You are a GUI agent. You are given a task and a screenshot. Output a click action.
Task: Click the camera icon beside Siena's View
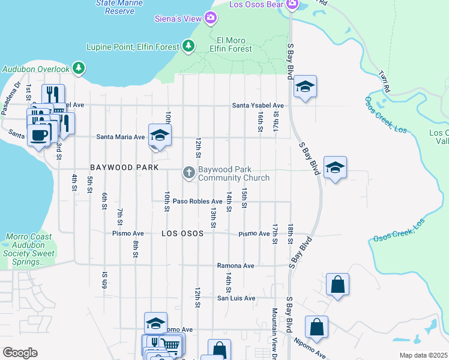pyautogui.click(x=211, y=19)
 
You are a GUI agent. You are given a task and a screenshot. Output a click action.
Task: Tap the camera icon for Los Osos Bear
pyautogui.click(x=292, y=5)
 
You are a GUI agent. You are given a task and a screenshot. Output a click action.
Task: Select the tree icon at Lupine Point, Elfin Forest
pyautogui.click(x=188, y=46)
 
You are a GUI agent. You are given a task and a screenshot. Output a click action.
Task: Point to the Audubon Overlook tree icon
pyautogui.click(x=78, y=68)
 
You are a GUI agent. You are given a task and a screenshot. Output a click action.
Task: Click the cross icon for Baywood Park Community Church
pyautogui.click(x=188, y=173)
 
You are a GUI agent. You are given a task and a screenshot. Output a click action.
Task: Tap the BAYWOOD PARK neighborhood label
pyautogui.click(x=124, y=167)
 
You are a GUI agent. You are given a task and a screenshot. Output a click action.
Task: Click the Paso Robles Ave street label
pyautogui.click(x=197, y=201)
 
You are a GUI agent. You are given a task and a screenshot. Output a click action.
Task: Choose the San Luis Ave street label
pyautogui.click(x=236, y=298)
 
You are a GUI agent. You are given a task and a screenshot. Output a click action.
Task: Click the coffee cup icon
pyautogui.click(x=39, y=135)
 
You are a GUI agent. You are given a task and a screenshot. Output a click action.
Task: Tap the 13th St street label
pyautogui.click(x=213, y=217)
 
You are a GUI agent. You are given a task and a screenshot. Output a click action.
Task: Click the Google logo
pyautogui.click(x=20, y=353)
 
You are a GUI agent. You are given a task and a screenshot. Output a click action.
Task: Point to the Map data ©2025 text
pyautogui.click(x=423, y=355)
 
